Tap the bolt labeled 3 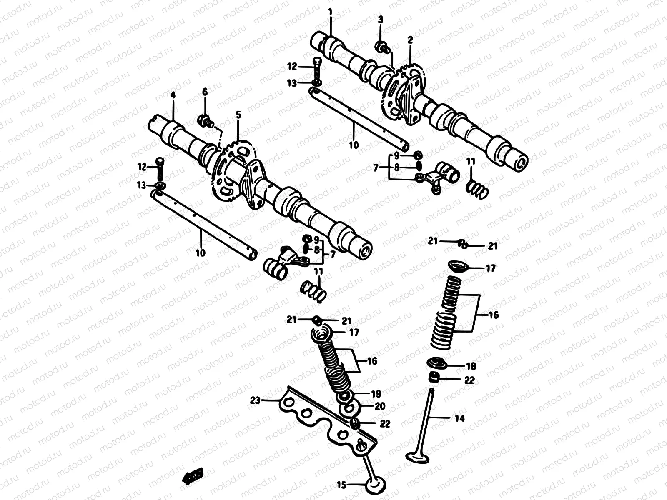tap(381, 46)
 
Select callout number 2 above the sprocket tap(410, 40)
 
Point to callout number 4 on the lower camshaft tap(173, 95)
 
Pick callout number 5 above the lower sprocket tap(238, 115)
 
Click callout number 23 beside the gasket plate tap(255, 400)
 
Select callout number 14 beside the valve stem tap(459, 418)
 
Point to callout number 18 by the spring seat tap(470, 366)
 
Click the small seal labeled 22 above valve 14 tap(434, 377)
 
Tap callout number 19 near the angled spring tap(376, 393)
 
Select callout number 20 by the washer tap(379, 406)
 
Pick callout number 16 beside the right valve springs tap(494, 315)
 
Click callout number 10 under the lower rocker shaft tap(201, 252)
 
